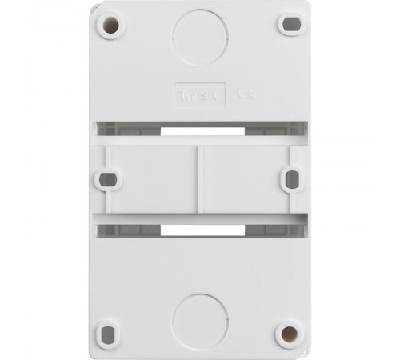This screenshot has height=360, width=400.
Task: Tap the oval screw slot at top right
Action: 289,24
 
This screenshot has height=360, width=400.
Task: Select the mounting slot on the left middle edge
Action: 106,178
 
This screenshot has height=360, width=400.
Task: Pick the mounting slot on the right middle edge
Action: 293,178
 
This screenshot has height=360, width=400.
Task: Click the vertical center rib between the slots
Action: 198,178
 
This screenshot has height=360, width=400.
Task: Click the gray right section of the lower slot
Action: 272,230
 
